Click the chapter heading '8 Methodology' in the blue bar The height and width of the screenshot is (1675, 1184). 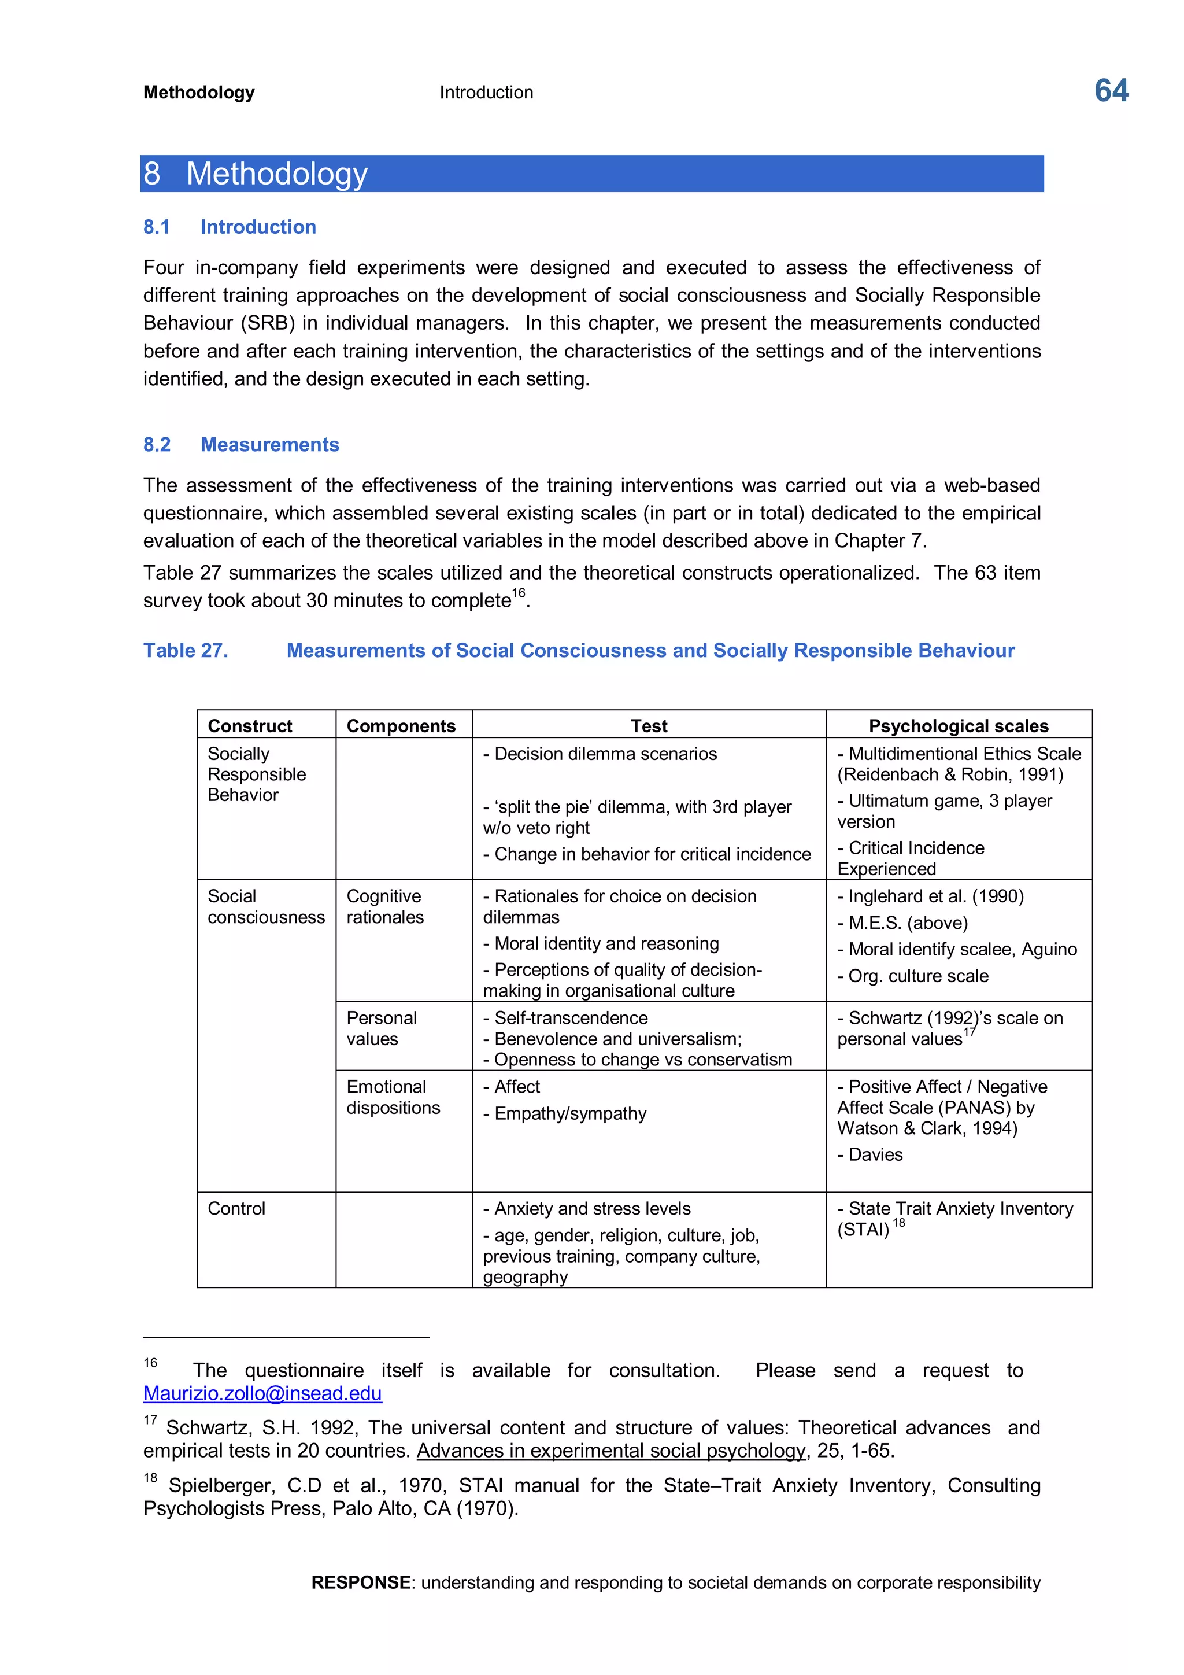[255, 174]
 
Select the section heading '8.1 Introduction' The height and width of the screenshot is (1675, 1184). [229, 227]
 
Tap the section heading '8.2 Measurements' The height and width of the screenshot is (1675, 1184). [240, 444]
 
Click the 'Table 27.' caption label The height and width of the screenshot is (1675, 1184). [185, 650]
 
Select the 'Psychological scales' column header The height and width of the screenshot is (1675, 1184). [958, 725]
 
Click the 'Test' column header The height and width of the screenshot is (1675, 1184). [648, 725]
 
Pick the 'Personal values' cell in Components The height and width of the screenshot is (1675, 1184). [382, 1028]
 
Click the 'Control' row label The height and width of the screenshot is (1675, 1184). [236, 1208]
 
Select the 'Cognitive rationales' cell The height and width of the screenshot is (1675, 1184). [384, 906]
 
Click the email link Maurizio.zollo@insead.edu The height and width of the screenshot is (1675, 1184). [262, 1393]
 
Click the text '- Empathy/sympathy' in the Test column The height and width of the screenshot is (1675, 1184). [565, 1113]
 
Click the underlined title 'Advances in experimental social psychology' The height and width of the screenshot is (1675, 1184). [611, 1451]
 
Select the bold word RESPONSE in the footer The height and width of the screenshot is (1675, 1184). [360, 1582]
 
